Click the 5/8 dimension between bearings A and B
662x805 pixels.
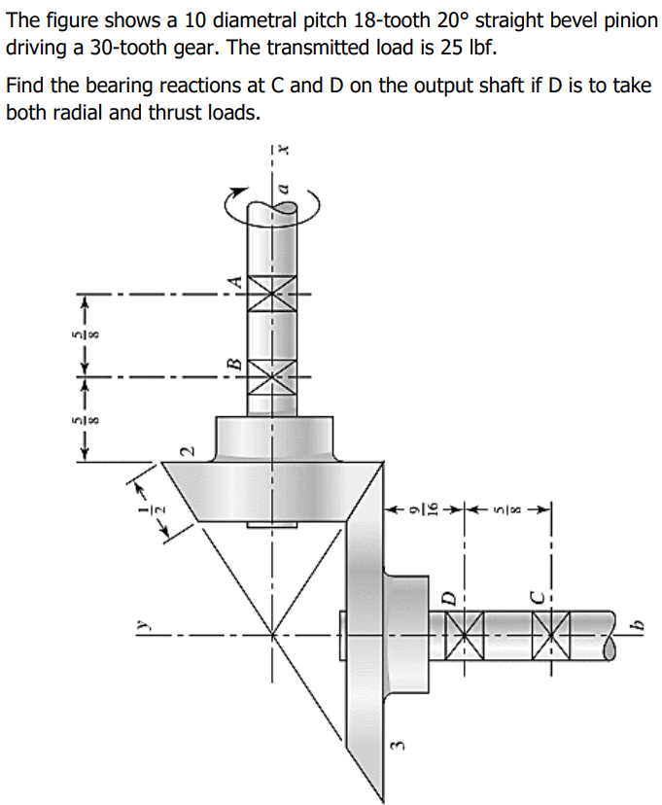(x=94, y=334)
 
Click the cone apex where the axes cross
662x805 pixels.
(x=272, y=637)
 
